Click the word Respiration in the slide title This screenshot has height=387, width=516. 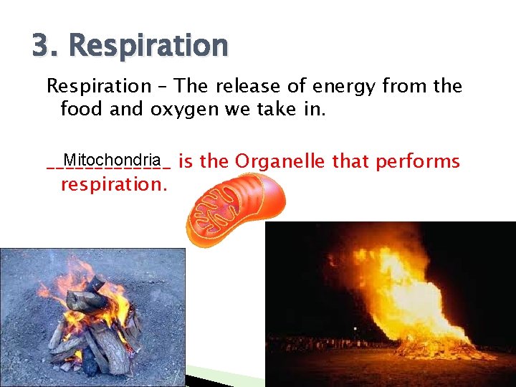point(148,45)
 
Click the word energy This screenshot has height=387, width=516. point(337,87)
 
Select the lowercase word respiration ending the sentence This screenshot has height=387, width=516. point(113,184)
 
